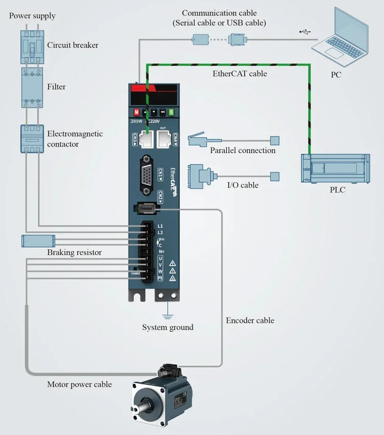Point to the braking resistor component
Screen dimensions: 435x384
click(38, 241)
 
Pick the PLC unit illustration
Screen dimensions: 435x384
click(335, 168)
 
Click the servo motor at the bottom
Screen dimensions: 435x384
click(161, 397)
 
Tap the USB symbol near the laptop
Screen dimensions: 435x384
click(305, 32)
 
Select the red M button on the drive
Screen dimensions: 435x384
click(137, 112)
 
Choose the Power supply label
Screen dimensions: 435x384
click(32, 16)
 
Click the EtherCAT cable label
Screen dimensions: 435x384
click(240, 74)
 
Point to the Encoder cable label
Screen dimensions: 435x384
click(250, 320)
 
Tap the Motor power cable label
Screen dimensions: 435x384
click(79, 384)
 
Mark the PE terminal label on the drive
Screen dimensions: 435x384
click(160, 278)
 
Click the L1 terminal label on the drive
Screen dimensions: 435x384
click(160, 226)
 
